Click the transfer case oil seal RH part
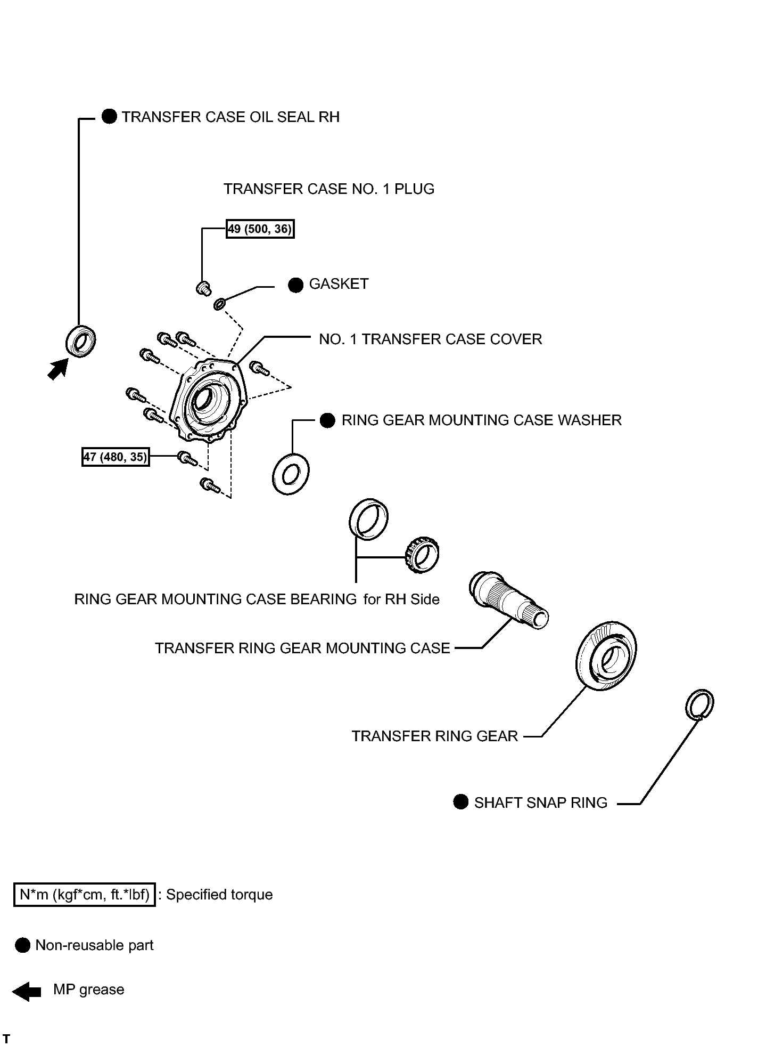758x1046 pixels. coord(81,340)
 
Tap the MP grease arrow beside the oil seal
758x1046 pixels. coord(57,369)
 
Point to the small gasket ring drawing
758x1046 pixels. coord(219,304)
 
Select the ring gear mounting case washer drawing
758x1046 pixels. coord(291,474)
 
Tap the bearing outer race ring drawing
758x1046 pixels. coord(368,520)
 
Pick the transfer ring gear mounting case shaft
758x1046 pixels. coord(508,601)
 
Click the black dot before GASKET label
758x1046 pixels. coord(295,285)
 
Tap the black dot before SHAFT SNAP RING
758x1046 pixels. coord(460,801)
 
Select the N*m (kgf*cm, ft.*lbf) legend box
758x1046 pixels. coord(85,894)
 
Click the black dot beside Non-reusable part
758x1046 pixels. coord(23,945)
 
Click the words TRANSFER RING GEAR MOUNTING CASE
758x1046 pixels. coord(302,648)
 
